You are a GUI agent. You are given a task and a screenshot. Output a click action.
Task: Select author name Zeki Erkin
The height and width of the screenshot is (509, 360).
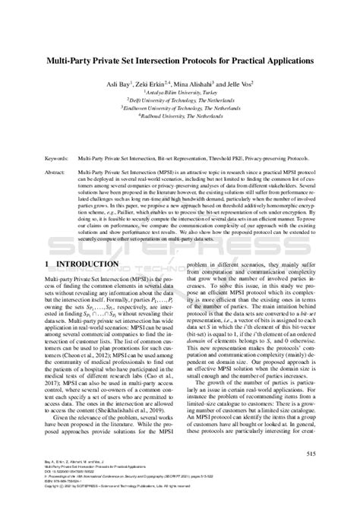tap(157, 84)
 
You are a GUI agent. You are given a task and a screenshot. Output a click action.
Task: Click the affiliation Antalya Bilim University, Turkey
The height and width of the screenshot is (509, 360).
tap(180, 92)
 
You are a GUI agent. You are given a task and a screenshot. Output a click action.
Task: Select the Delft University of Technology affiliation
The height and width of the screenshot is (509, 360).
tap(180, 100)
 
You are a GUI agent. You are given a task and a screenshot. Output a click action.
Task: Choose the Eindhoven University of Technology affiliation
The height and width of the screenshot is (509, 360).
tap(180, 109)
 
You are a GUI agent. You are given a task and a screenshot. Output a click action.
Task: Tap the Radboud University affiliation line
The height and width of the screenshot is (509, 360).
tap(180, 117)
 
